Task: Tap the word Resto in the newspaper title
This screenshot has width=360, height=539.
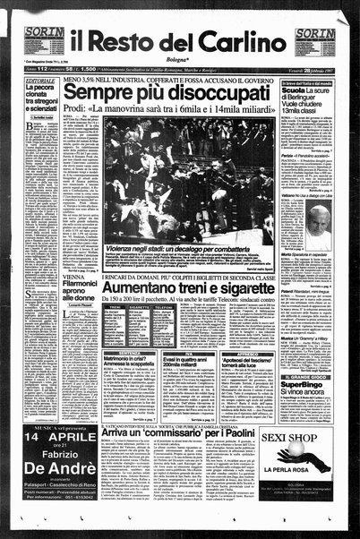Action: (147, 39)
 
